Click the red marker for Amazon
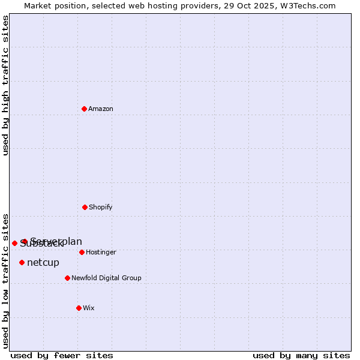coord(84,109)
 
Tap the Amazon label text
coord(101,109)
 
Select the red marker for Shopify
coord(85,207)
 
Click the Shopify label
coord(101,208)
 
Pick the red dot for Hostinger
coord(82,252)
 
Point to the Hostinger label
coord(101,253)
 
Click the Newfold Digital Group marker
coord(67,278)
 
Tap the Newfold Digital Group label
coord(106,278)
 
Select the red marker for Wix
coord(79,308)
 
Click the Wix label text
coord(89,308)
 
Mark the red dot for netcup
coord(22,262)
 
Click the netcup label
coord(43,263)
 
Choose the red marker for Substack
coord(14,243)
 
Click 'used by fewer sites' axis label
coord(62,355)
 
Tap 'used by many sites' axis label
coord(301,355)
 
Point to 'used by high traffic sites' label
coord(5,85)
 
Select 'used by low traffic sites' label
coord(5,280)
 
